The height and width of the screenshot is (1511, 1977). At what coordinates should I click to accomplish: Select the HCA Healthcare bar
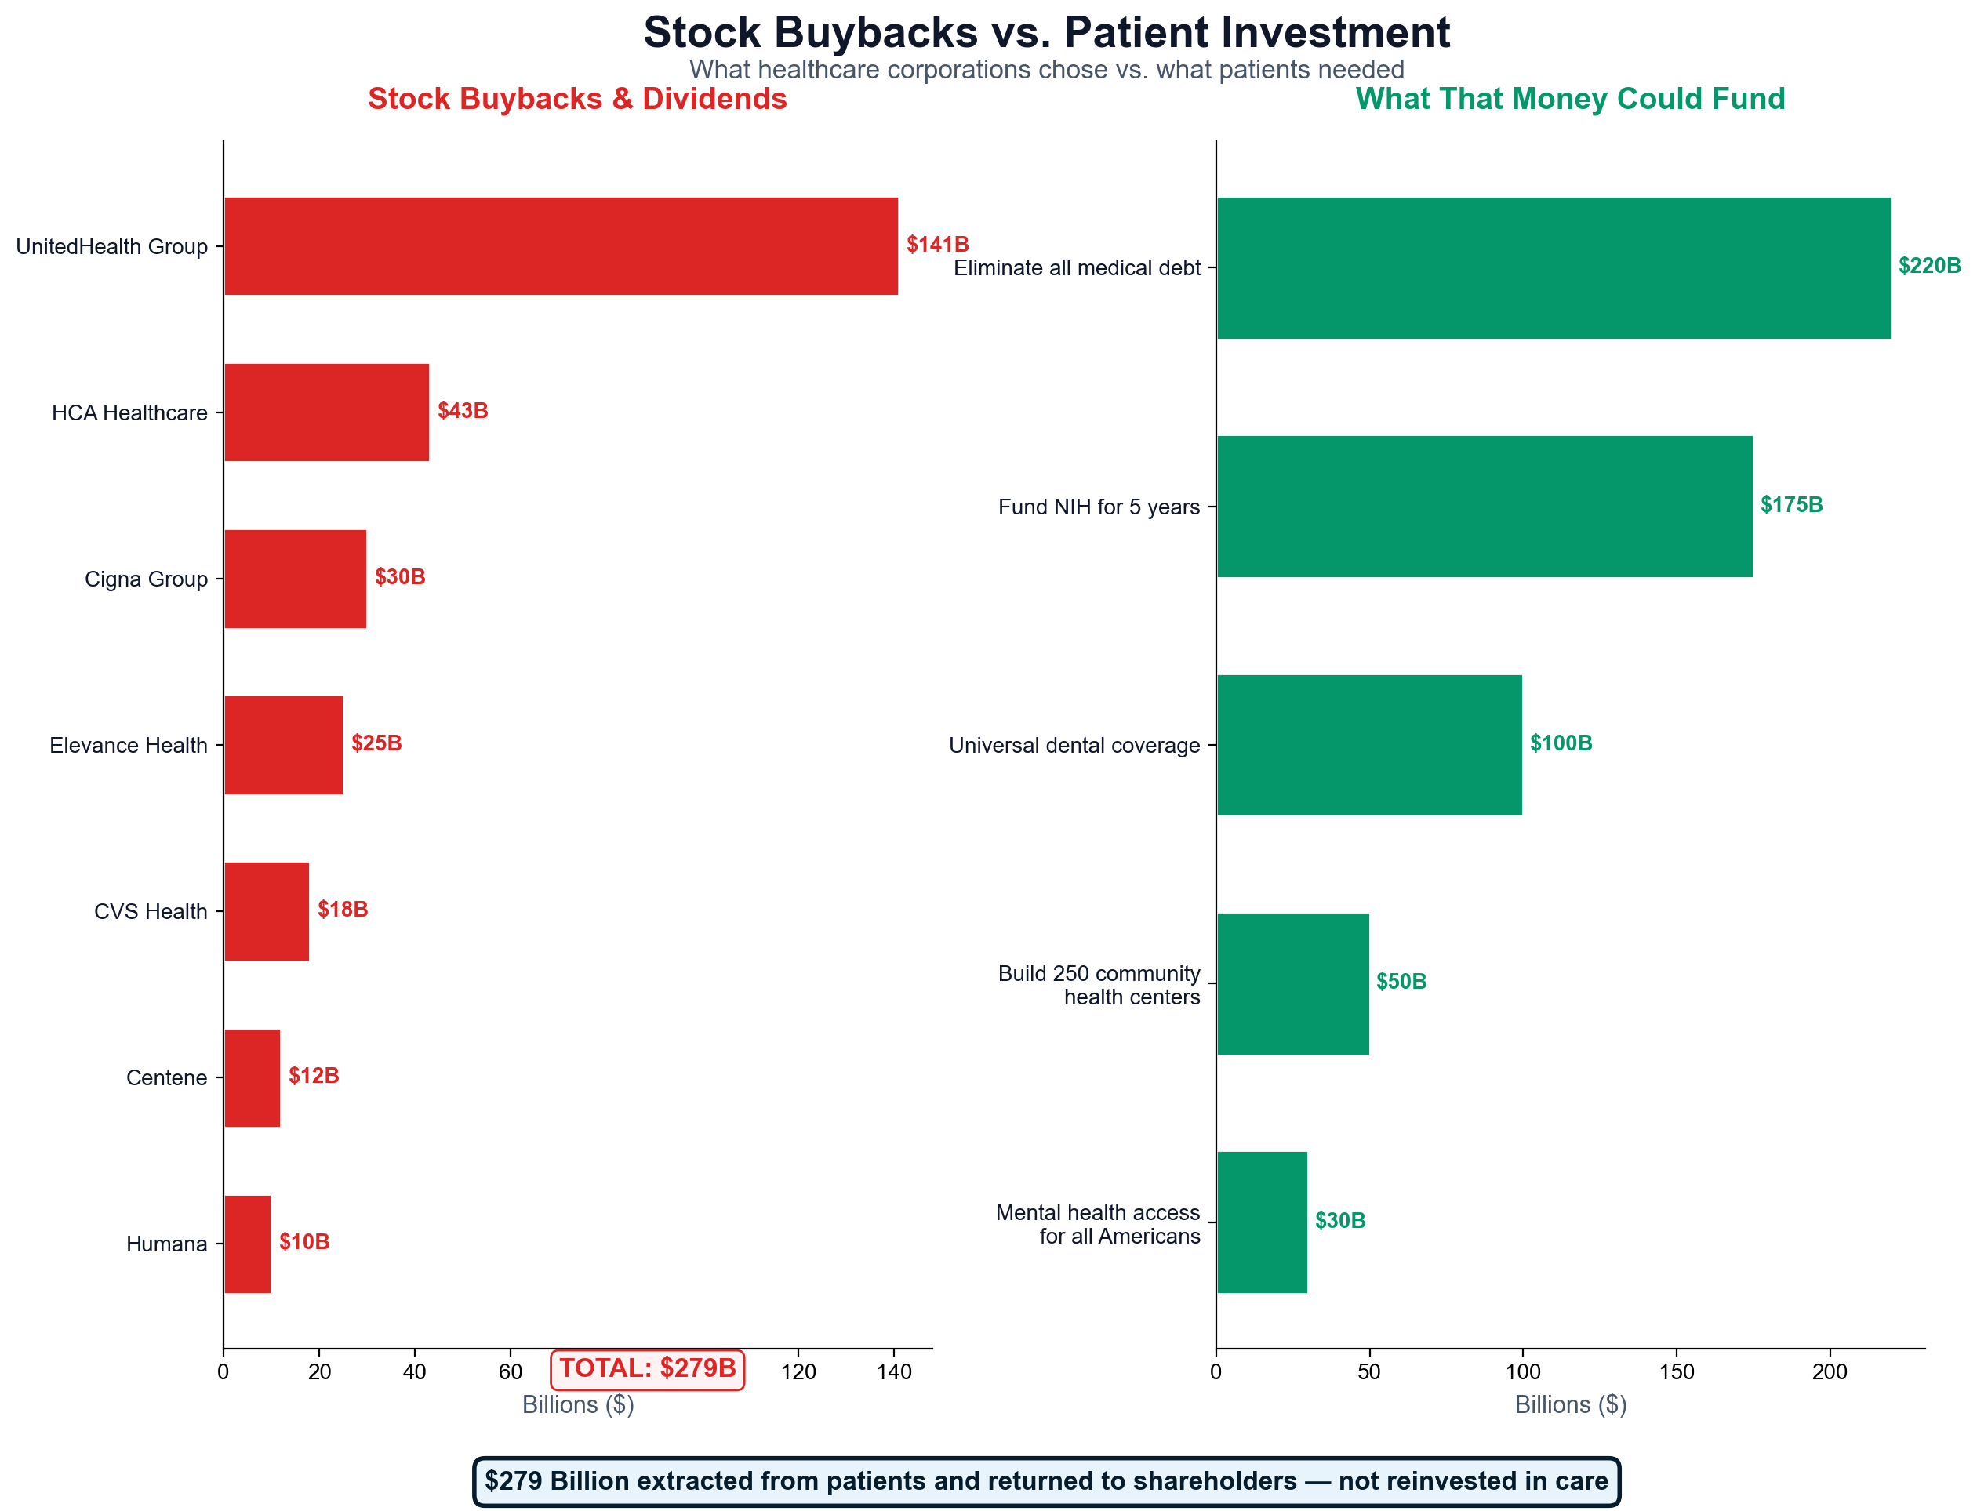pyautogui.click(x=325, y=412)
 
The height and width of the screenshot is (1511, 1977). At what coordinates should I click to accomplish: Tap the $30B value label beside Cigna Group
pyautogui.click(x=399, y=576)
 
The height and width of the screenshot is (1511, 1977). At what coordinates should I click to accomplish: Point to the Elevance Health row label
pyautogui.click(x=128, y=745)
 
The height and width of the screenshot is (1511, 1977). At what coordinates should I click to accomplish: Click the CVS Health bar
pyautogui.click(x=266, y=911)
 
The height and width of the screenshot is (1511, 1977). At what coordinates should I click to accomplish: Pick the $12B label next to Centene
pyautogui.click(x=313, y=1075)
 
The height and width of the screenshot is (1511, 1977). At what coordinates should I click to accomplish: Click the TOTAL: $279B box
pyautogui.click(x=647, y=1368)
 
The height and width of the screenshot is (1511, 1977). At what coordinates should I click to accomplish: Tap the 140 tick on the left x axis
pyautogui.click(x=893, y=1371)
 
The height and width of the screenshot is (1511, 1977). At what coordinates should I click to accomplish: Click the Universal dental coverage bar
pyautogui.click(x=1368, y=745)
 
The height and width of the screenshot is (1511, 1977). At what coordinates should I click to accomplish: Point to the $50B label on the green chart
pyautogui.click(x=1401, y=981)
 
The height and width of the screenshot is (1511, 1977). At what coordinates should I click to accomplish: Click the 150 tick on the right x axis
pyautogui.click(x=1676, y=1371)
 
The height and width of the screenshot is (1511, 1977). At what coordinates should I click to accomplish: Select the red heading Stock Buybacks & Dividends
pyautogui.click(x=576, y=99)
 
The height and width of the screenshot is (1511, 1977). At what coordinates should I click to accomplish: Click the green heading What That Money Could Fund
pyautogui.click(x=1568, y=99)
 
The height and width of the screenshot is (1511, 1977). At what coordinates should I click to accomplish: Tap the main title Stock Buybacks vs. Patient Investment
pyautogui.click(x=1045, y=32)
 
